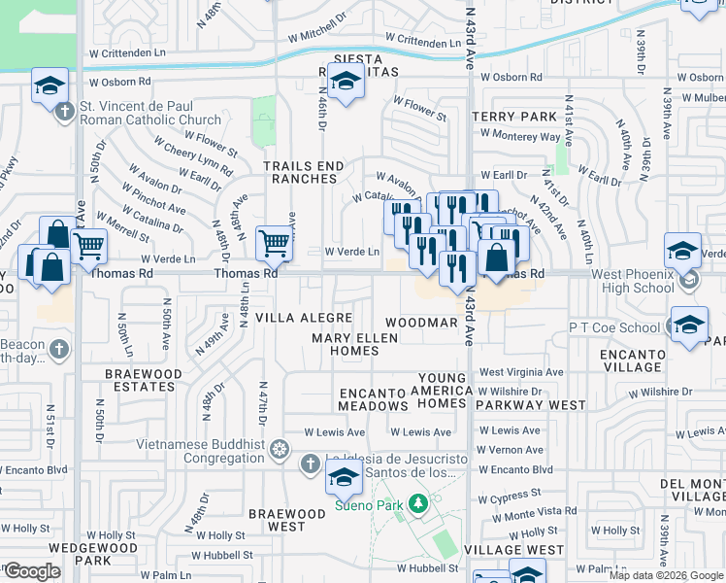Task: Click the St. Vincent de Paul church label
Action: coord(150,114)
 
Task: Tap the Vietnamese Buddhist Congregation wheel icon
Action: coord(280,449)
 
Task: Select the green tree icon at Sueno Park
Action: coord(417,503)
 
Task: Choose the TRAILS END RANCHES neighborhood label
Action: coord(304,172)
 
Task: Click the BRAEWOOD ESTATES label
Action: coord(144,380)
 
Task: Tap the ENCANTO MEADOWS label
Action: coord(373,399)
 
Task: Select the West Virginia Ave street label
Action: coord(521,372)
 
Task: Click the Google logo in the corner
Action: coord(32,571)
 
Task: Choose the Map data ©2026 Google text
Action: coord(666,575)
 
